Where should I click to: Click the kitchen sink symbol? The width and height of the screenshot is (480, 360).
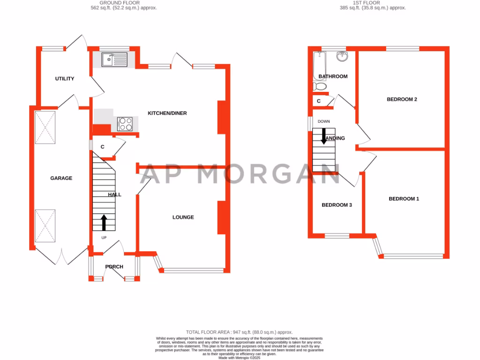[x=114, y=59]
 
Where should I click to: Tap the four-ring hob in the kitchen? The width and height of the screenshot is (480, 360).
[x=125, y=124]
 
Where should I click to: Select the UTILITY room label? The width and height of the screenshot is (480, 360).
[x=65, y=79]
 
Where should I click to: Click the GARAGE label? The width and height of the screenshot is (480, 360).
[x=61, y=178]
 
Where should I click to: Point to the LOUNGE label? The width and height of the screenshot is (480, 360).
[x=183, y=217]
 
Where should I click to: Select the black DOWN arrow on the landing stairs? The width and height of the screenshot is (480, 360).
[x=324, y=135]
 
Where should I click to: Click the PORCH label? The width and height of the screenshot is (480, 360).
[x=114, y=267]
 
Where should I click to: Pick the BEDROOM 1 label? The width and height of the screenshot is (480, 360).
[x=404, y=199]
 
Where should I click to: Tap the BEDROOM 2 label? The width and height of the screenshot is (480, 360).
[x=402, y=99]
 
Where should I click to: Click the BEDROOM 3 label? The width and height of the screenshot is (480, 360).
[x=337, y=205]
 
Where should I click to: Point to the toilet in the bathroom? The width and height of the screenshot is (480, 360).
[x=320, y=87]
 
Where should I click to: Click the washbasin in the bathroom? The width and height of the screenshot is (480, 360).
[x=343, y=56]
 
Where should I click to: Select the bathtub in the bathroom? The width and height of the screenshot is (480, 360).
[x=318, y=63]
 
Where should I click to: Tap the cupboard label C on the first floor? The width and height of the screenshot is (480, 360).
[x=319, y=101]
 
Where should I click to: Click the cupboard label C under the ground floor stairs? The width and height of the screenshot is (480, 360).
[x=102, y=147]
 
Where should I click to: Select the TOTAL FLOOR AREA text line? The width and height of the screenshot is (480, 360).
[x=239, y=331]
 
